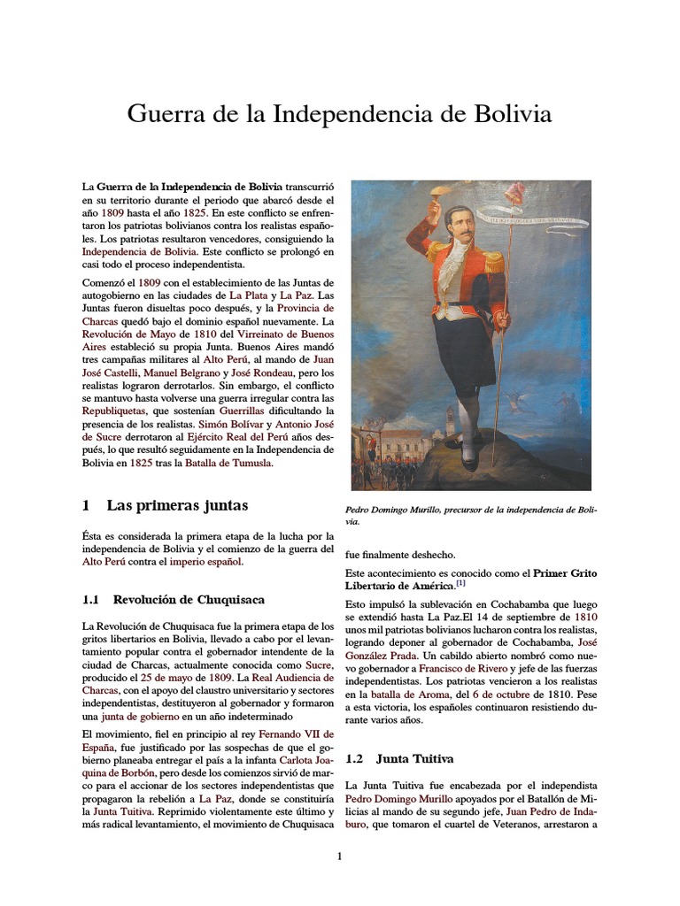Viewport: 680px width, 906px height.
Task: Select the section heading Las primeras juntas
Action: coord(177,506)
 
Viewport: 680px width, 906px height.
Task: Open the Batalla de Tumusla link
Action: coord(228,462)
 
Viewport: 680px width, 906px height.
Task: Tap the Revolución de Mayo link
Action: coord(127,337)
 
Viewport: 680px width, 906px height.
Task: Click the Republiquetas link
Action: coord(118,412)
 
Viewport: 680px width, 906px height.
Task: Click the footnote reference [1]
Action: coord(461,584)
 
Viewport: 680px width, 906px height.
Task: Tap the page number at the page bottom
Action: coord(339,856)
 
